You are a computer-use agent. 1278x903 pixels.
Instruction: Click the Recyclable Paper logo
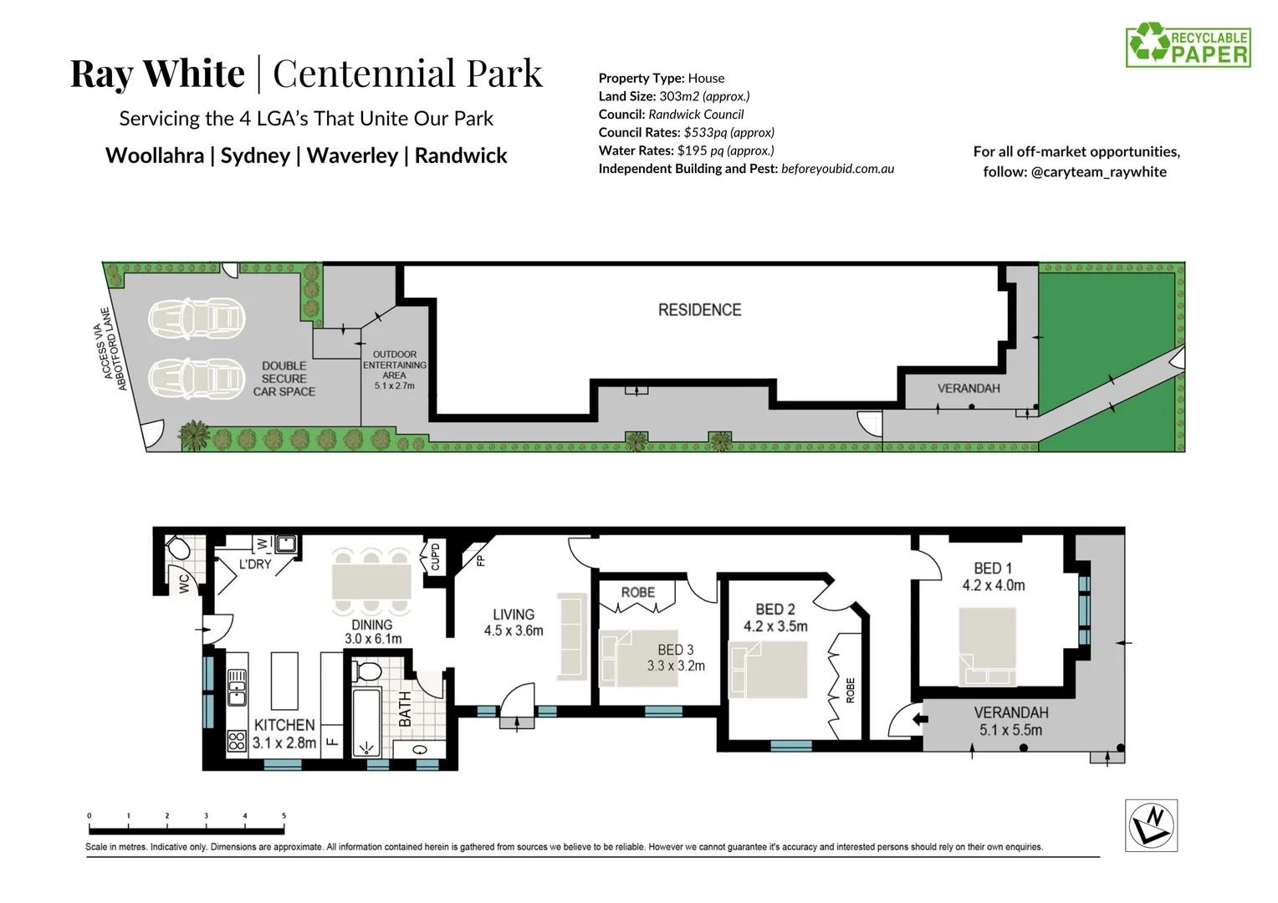pos(1188,45)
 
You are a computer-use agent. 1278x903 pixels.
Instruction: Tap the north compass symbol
pos(1151,825)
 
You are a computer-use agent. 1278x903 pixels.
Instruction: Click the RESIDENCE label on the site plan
pos(699,310)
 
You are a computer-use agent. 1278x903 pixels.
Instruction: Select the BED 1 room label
pos(993,569)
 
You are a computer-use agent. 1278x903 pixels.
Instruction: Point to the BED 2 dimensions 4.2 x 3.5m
pos(775,626)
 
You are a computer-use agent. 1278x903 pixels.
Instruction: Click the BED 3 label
pos(675,650)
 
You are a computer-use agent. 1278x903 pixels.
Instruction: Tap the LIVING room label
pos(513,615)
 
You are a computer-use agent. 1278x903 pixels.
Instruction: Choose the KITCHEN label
pos(284,725)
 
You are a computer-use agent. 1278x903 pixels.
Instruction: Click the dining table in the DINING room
pos(371,580)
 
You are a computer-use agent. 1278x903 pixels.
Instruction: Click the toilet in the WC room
pos(177,548)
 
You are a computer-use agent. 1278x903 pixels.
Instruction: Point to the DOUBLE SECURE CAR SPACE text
pos(284,379)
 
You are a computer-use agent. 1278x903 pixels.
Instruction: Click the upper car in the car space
pos(197,319)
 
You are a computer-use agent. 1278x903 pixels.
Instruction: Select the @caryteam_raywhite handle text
pos(1098,172)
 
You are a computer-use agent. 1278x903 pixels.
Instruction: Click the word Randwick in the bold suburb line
pos(461,156)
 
